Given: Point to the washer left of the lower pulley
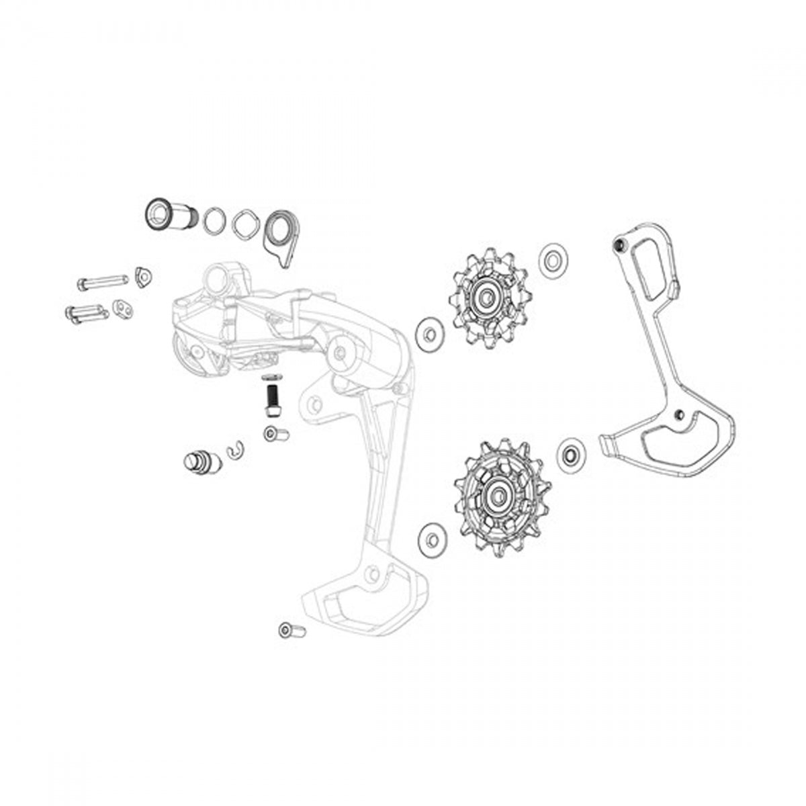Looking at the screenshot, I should pyautogui.click(x=429, y=537).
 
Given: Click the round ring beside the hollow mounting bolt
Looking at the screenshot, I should pyautogui.click(x=214, y=219).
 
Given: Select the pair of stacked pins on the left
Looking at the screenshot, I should pyautogui.click(x=85, y=314).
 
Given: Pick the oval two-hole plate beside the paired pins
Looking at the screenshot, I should pyautogui.click(x=122, y=307).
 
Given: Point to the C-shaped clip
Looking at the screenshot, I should pyautogui.click(x=235, y=453).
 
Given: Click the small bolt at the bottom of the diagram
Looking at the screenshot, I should pyautogui.click(x=292, y=631).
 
